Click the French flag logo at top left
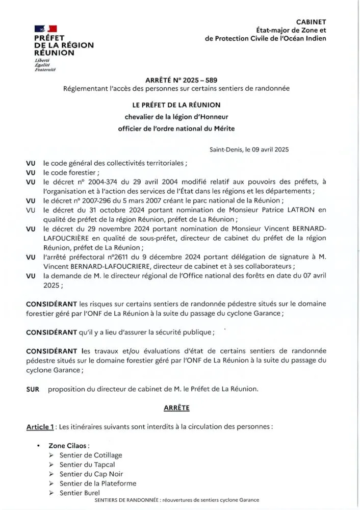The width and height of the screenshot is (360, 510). [x=45, y=30]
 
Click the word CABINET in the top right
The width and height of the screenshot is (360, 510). [x=311, y=21]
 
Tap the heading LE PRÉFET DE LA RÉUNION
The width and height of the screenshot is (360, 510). [x=176, y=105]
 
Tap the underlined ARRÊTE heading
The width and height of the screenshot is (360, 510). [x=176, y=408]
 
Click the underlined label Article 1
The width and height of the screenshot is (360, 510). [x=40, y=427]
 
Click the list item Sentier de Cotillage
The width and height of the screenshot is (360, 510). [x=91, y=455]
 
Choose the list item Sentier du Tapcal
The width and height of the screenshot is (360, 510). [x=87, y=465]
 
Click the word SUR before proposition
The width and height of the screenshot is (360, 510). [x=33, y=389]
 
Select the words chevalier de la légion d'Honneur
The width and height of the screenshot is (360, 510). [x=176, y=117]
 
